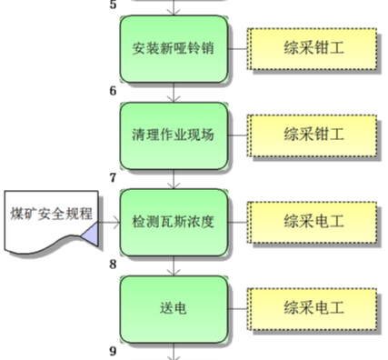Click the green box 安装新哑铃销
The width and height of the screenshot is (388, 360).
(x=173, y=48)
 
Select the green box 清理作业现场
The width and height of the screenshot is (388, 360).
(x=173, y=135)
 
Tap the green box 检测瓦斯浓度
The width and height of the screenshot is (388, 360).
(x=173, y=222)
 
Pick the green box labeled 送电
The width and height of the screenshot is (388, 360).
(x=173, y=308)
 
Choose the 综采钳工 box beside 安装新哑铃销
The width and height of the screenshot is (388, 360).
(x=312, y=48)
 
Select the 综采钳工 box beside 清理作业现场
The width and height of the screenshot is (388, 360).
(x=312, y=135)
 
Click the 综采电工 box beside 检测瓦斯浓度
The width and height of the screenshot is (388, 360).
(x=312, y=222)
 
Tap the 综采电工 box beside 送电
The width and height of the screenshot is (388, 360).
(x=312, y=308)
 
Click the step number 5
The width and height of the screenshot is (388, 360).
(x=114, y=5)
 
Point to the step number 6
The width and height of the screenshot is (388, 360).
(x=114, y=90)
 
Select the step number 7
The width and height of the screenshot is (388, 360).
(x=114, y=177)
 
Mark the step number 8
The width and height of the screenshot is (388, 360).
(x=114, y=265)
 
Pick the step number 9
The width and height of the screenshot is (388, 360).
(x=114, y=351)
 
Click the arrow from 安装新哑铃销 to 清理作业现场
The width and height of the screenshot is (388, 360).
(x=173, y=92)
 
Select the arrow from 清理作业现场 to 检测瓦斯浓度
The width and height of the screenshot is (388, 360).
(x=173, y=179)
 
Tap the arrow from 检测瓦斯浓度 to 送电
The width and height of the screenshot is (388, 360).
(x=173, y=265)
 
